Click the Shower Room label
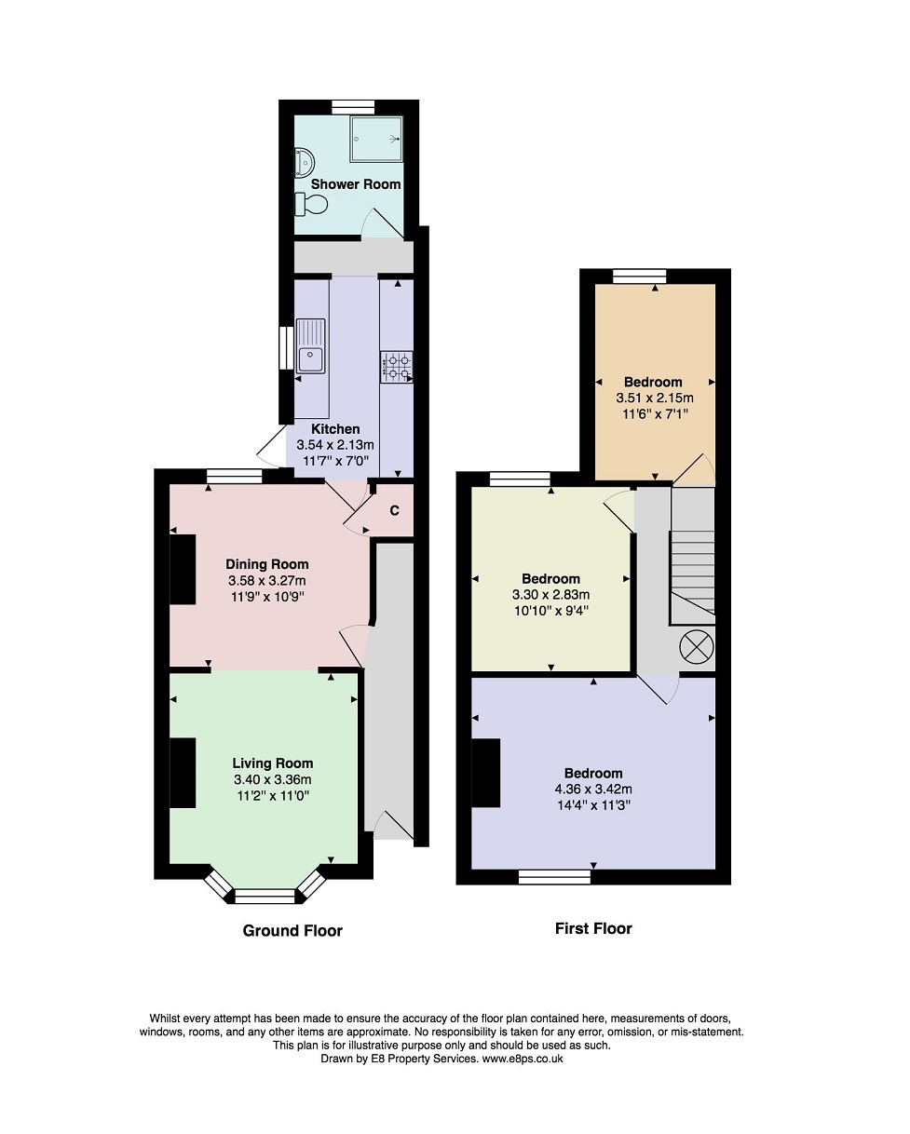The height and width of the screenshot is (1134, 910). tap(356, 184)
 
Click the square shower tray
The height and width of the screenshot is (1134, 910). tap(376, 139)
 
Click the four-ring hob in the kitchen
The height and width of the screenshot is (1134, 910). tap(397, 366)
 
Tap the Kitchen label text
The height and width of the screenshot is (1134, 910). tap(335, 429)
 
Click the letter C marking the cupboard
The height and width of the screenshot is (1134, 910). tap(394, 510)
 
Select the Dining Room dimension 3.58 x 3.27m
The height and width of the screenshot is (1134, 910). tap(267, 580)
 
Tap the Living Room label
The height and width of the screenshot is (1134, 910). tap(272, 763)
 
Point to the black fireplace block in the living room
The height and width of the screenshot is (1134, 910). tap(183, 773)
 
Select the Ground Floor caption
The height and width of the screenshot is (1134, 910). tap(292, 931)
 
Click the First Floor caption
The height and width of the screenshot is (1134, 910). tap(593, 928)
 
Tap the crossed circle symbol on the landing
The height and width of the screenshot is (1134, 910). tap(697, 644)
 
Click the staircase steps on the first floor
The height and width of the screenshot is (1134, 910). tap(693, 559)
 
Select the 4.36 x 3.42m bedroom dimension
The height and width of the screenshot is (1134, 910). tap(593, 790)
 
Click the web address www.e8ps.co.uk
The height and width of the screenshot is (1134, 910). tap(522, 1059)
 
